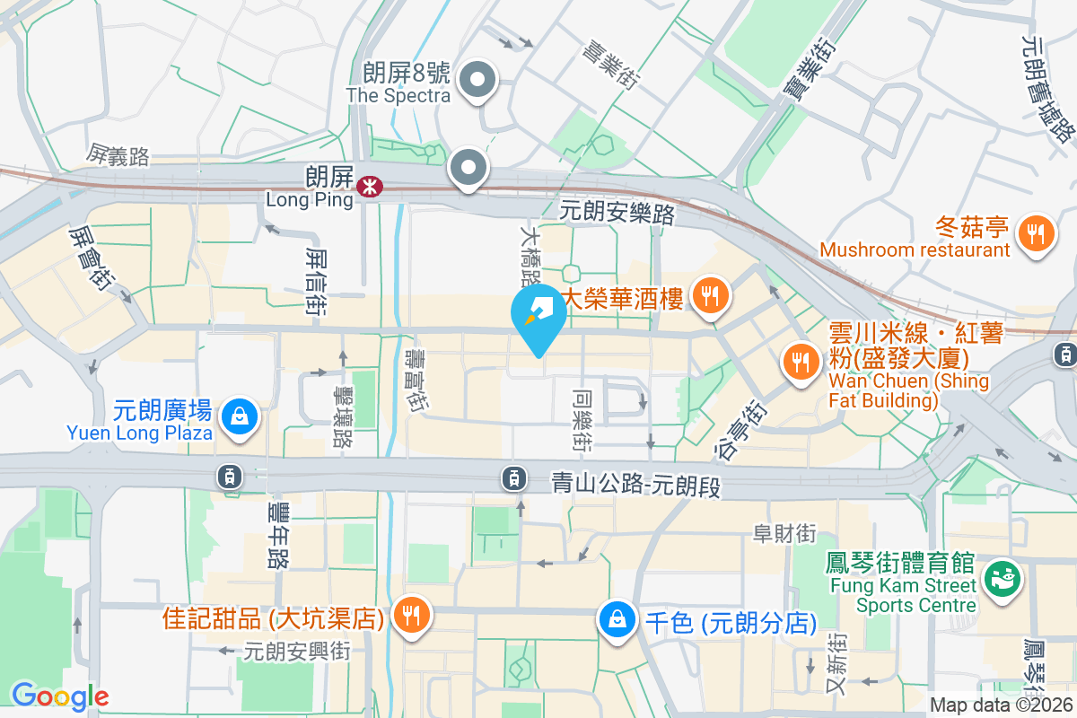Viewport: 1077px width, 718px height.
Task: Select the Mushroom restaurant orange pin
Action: click(x=1036, y=234)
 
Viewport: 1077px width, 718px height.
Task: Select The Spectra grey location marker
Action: click(x=477, y=82)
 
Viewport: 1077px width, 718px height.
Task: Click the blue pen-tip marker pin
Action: click(x=538, y=313)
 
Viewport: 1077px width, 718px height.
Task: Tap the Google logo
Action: click(x=60, y=696)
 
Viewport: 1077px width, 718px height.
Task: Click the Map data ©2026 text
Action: click(x=1001, y=705)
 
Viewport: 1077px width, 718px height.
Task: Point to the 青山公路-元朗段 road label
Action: click(x=635, y=486)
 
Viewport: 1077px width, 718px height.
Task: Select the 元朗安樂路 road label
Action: click(x=617, y=213)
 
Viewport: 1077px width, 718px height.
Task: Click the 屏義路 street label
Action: click(x=118, y=156)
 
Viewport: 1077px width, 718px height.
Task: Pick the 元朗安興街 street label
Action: click(x=296, y=650)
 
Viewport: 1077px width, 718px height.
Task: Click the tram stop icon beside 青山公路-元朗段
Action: click(x=512, y=477)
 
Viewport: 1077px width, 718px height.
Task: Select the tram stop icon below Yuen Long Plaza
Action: click(x=231, y=476)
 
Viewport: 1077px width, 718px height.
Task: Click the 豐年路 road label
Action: click(x=279, y=535)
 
